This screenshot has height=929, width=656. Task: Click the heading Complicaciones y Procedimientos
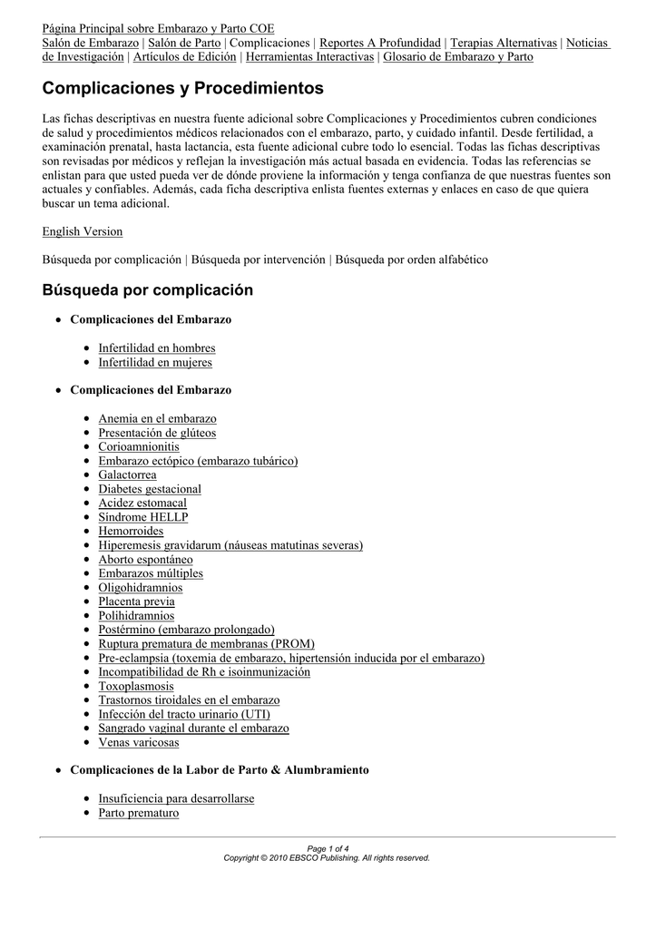tap(182, 89)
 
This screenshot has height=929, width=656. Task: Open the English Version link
tap(83, 231)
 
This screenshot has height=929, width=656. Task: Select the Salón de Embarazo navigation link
tap(91, 43)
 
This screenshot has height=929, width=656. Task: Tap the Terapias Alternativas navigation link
tap(504, 43)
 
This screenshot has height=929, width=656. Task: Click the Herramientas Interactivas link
tap(310, 56)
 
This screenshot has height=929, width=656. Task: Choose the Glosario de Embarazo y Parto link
tap(458, 56)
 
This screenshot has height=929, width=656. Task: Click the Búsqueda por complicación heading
tap(148, 290)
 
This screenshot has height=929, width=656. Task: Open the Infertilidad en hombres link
tap(157, 347)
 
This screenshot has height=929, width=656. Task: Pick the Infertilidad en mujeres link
tap(155, 362)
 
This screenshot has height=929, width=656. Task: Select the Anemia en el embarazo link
tap(157, 419)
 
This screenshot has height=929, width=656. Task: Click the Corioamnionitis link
tap(139, 446)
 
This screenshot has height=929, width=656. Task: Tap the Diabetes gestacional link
tap(150, 489)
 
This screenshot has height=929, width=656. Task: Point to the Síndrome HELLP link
tap(143, 517)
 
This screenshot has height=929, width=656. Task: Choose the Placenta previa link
tap(137, 601)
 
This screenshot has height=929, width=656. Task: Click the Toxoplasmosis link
tap(136, 686)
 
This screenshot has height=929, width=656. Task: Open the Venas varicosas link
tap(139, 742)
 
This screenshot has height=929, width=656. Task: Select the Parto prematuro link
tap(139, 813)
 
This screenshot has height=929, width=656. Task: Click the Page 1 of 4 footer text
tap(328, 848)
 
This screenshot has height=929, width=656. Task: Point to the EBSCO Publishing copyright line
tap(328, 857)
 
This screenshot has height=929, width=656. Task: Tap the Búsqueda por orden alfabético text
tap(412, 259)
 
